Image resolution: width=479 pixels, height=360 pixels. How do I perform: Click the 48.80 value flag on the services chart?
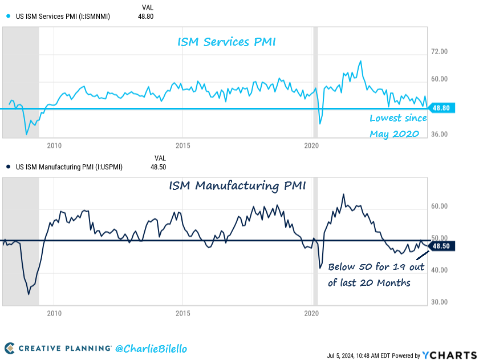click(442, 108)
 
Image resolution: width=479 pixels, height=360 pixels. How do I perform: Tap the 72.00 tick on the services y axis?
click(439, 52)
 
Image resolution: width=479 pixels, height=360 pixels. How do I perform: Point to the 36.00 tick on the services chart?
click(439, 135)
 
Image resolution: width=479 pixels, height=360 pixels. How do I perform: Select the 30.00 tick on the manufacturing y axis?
click(439, 302)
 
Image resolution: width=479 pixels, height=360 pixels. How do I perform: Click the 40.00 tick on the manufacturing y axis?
click(439, 270)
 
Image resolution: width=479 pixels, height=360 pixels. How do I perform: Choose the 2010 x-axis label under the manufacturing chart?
click(54, 314)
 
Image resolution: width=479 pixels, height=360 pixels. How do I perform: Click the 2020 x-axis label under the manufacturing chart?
click(311, 314)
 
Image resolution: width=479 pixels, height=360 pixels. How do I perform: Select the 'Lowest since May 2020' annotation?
click(398, 126)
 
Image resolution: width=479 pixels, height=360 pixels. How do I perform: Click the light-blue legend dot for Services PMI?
click(8, 17)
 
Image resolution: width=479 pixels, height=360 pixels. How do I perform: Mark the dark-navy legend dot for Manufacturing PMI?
click(8, 167)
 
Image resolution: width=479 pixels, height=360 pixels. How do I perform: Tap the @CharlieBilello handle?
click(151, 348)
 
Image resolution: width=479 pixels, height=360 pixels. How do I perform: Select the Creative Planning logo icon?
click(10, 348)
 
